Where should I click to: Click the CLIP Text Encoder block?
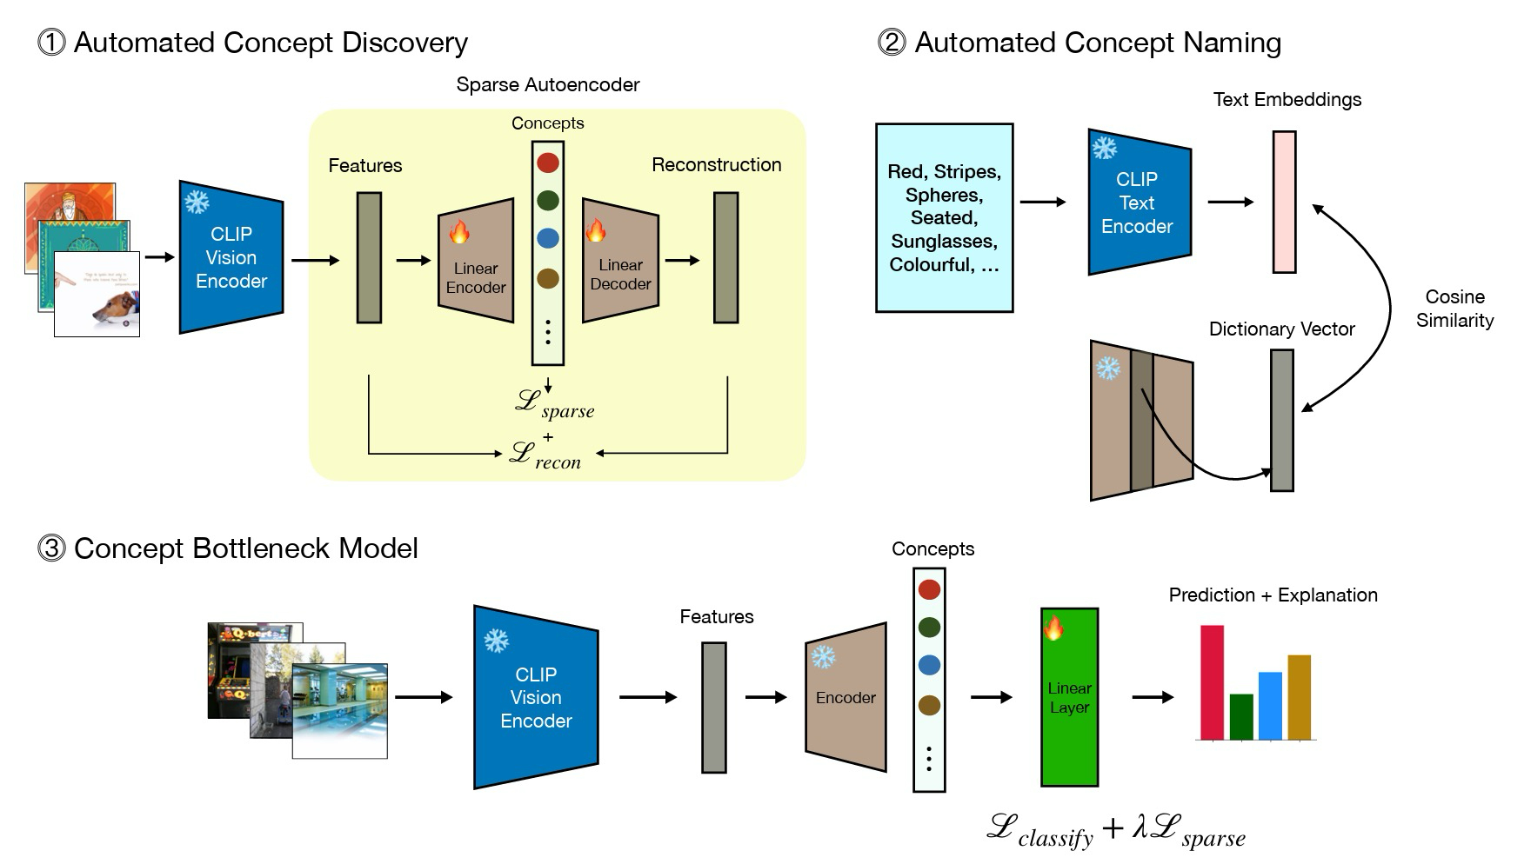coord(1138,203)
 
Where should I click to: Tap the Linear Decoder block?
coord(620,261)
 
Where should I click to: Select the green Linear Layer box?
coord(1069,697)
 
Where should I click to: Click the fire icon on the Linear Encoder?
coord(459,232)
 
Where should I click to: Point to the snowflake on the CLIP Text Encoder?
coord(1105,148)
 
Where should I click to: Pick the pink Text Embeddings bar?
coord(1284,203)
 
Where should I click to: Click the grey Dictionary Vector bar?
coord(1281,420)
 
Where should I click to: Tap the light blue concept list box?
coord(944,217)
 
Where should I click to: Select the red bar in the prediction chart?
coord(1212,682)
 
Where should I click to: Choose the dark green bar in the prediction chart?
coord(1241,717)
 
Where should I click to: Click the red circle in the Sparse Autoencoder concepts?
coord(548,163)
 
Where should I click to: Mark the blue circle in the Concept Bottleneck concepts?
coord(929,665)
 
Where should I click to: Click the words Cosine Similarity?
coord(1454,309)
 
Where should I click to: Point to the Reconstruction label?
coord(716,165)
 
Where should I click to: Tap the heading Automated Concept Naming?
coord(1097,43)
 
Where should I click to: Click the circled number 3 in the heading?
coord(51,548)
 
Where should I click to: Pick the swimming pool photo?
coord(340,711)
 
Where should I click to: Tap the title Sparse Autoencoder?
coord(547,84)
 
